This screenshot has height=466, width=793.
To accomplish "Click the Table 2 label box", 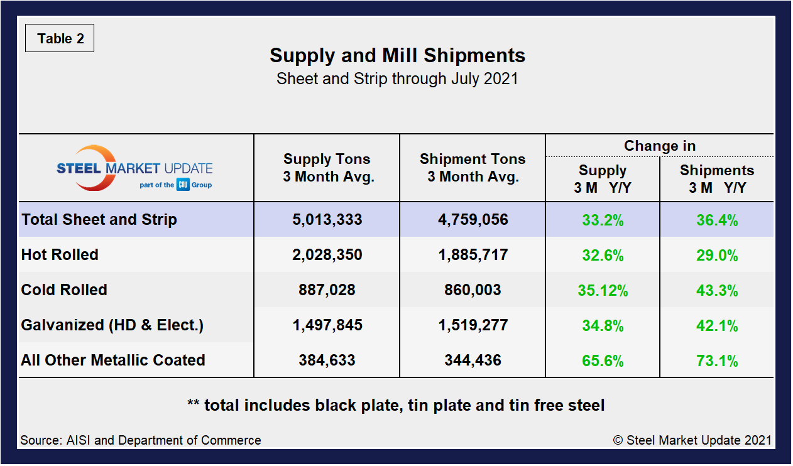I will [60, 39].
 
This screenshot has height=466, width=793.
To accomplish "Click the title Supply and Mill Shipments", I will [397, 55].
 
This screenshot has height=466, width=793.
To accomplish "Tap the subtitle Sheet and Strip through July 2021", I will [397, 79].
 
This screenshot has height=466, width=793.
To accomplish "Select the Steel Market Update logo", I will [134, 168].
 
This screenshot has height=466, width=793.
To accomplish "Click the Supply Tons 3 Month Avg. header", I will [327, 168].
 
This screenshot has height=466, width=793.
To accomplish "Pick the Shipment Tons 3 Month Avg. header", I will [473, 168].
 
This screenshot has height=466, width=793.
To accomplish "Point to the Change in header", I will [659, 146].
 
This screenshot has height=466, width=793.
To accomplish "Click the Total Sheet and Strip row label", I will [99, 220].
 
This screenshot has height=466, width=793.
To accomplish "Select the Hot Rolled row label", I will [60, 255].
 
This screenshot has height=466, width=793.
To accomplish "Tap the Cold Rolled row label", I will [64, 290].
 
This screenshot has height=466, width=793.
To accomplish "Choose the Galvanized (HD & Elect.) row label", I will [112, 325].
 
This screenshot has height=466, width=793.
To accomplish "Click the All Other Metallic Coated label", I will [113, 360].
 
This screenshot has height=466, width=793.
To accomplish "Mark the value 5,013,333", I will [327, 220].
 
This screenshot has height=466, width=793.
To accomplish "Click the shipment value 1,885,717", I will [473, 255].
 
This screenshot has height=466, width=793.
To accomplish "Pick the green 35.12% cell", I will [603, 290].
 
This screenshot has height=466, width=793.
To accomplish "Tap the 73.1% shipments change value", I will [717, 360].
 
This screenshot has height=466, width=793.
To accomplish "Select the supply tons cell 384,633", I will [327, 360].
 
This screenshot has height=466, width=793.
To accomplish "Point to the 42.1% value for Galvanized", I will [717, 325].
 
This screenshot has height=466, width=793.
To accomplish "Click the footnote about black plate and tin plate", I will [396, 405].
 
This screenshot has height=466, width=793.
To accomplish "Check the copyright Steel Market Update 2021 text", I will [692, 440].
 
